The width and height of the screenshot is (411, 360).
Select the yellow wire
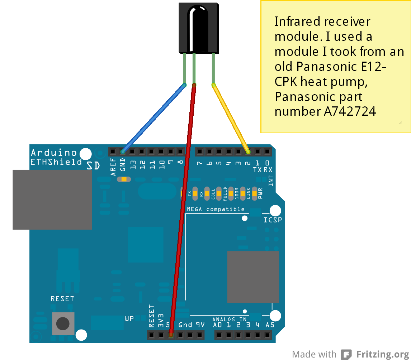click(x=231, y=118)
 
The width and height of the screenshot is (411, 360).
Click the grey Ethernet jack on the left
click(x=52, y=200)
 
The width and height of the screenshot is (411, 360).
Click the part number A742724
click(x=350, y=111)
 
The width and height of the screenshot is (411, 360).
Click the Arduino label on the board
click(x=54, y=153)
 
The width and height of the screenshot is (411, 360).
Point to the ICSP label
click(x=273, y=220)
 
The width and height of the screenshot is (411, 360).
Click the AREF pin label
click(x=113, y=167)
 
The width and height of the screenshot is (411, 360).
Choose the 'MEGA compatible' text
click(x=216, y=209)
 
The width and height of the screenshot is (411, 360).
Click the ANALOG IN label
click(x=229, y=319)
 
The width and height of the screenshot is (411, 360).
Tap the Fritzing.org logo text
click(x=382, y=354)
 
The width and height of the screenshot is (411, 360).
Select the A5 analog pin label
click(x=270, y=325)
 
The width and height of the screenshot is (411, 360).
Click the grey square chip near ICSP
click(x=253, y=277)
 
